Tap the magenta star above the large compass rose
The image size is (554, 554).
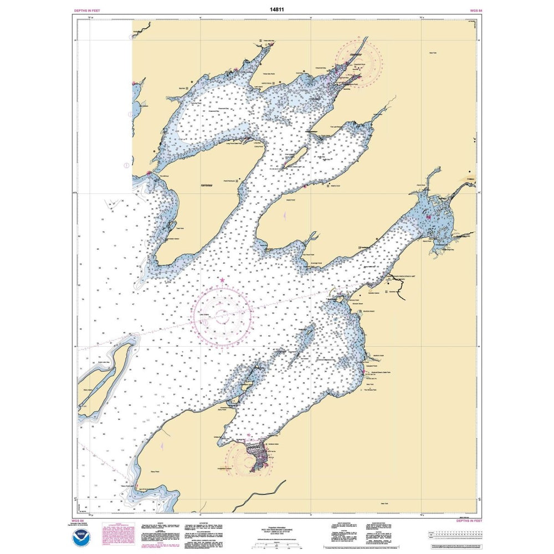(222, 281)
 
